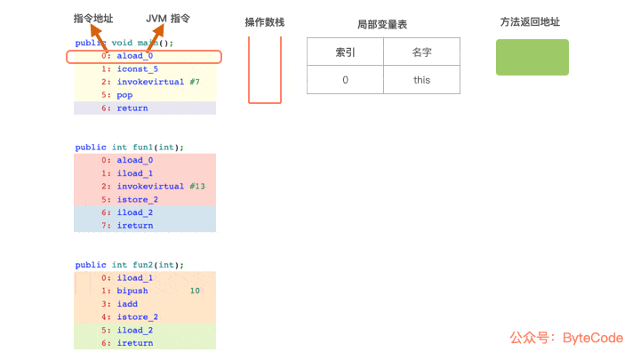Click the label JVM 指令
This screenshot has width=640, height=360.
168,19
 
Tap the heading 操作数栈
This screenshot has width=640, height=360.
265,22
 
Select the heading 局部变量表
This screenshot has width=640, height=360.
382,25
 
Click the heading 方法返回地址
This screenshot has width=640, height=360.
531,22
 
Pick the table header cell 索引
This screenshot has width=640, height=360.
346,52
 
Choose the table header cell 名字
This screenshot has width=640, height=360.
421,52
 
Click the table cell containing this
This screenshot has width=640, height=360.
421,80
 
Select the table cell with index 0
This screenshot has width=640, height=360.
346,80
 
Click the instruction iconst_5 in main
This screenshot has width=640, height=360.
137,69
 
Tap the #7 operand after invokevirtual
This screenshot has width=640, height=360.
194,83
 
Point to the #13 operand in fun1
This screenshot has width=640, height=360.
197,187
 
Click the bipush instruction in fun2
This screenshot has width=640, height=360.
132,291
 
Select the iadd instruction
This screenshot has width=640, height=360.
127,304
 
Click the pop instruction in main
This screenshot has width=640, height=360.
124,95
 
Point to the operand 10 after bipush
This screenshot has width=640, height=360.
195,291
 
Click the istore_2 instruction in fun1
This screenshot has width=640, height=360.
137,200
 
